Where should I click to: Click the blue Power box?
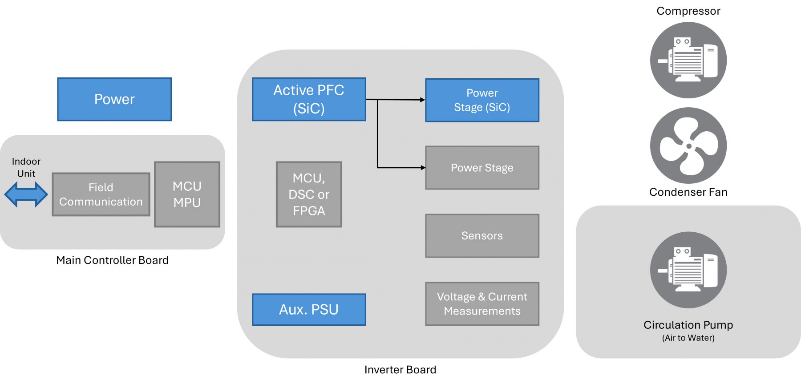(114, 99)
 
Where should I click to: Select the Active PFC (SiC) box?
(309, 99)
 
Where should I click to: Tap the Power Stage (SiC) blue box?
(482, 100)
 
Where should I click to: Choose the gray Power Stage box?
(482, 168)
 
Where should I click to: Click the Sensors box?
(482, 236)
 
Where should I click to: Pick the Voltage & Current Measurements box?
(482, 304)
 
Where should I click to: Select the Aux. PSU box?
(309, 309)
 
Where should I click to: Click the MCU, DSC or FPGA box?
(309, 194)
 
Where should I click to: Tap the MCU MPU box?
(187, 194)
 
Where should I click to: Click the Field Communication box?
(101, 194)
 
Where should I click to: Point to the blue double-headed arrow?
(26, 194)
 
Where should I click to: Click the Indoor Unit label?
(26, 167)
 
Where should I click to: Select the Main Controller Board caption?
(112, 260)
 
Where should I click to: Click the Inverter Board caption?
(400, 370)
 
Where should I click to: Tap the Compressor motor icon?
(688, 60)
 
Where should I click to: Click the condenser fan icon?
(688, 146)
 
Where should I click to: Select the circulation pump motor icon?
(688, 270)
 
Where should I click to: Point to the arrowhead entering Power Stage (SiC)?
(423, 100)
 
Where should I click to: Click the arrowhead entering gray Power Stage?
(423, 168)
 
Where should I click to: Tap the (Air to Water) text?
(688, 338)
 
